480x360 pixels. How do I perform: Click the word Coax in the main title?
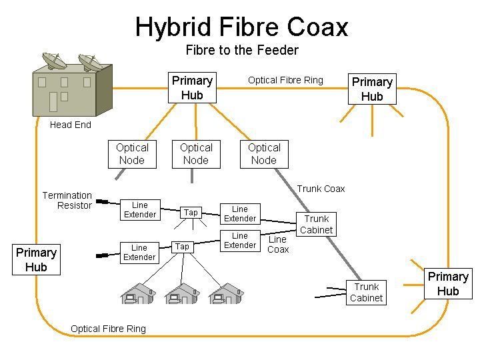pyautogui.click(x=317, y=27)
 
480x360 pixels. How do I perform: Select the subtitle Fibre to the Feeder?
pyautogui.click(x=242, y=50)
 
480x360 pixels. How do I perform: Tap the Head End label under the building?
pyautogui.click(x=71, y=125)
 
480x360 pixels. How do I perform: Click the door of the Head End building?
pyautogui.click(x=53, y=102)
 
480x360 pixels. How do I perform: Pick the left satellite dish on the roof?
pyautogui.click(x=55, y=61)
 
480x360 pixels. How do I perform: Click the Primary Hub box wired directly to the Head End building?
pyautogui.click(x=192, y=88)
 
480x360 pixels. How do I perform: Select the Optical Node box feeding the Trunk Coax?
pyautogui.click(x=264, y=154)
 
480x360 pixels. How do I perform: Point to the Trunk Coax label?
pyautogui.click(x=321, y=189)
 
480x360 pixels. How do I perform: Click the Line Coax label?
pyautogui.click(x=278, y=244)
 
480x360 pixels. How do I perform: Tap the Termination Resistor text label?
pyautogui.click(x=67, y=201)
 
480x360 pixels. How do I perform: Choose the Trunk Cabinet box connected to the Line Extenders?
pyautogui.click(x=316, y=225)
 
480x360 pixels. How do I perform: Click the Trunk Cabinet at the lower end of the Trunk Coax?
pyautogui.click(x=366, y=293)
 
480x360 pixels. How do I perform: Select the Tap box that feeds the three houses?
pyautogui.click(x=183, y=247)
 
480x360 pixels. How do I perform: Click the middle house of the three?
pyautogui.click(x=182, y=293)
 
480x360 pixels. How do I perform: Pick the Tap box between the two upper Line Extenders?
pyautogui.click(x=191, y=213)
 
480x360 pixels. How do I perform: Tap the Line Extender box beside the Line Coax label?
pyautogui.click(x=240, y=241)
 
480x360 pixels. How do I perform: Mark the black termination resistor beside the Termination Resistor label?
pyautogui.click(x=102, y=201)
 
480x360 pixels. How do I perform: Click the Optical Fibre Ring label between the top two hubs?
pyautogui.click(x=285, y=80)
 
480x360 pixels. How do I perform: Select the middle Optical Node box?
pyautogui.click(x=196, y=154)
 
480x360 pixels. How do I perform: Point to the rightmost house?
pyautogui.click(x=226, y=293)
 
